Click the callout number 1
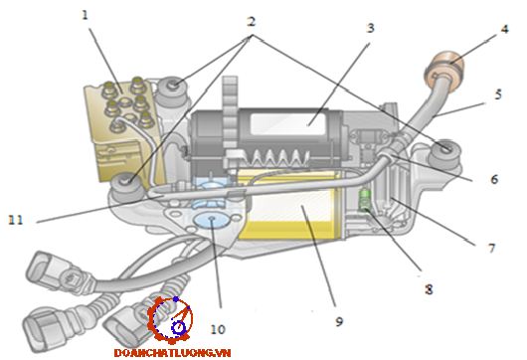[86, 15]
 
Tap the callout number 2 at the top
[251, 22]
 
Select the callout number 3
[370, 28]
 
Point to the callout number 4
[504, 29]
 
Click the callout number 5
[498, 94]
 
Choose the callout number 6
[494, 179]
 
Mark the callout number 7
[492, 248]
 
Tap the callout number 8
[429, 289]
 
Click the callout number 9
[339, 321]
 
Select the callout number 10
[218, 329]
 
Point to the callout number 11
[16, 220]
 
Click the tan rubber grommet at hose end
[444, 72]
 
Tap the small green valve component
[364, 200]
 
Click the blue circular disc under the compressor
[212, 220]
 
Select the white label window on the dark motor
[288, 124]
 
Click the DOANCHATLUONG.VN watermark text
[172, 353]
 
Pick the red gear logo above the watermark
[170, 320]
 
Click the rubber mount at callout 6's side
[444, 153]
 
